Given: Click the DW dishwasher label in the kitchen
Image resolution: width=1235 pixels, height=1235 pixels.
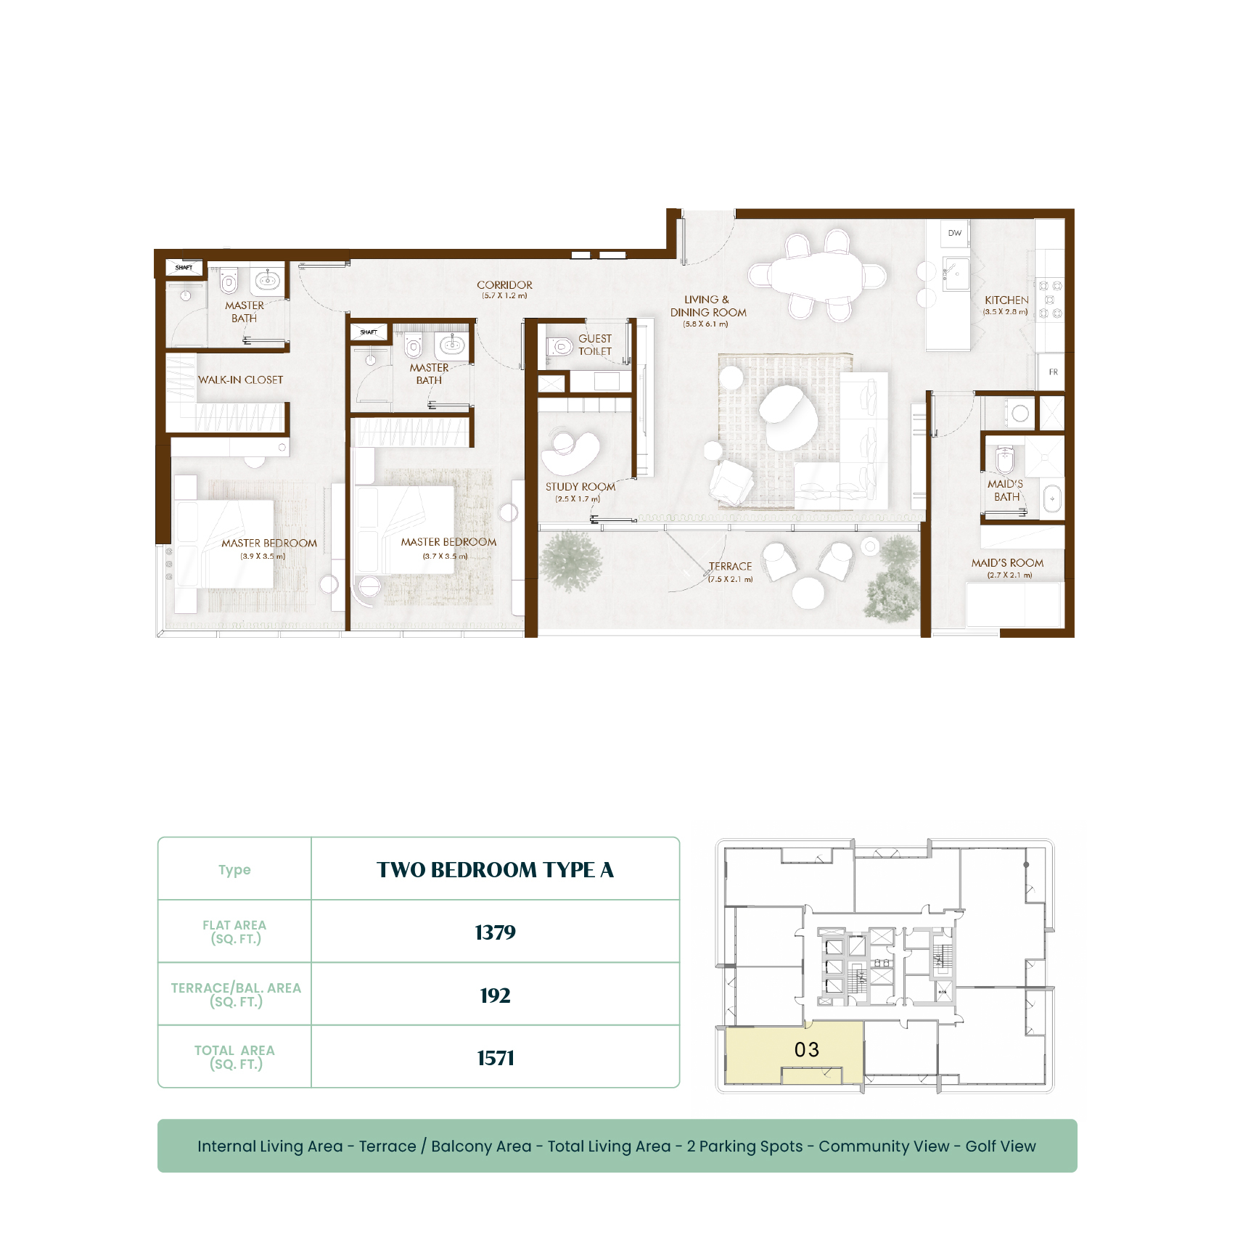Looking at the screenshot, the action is pyautogui.click(x=954, y=233).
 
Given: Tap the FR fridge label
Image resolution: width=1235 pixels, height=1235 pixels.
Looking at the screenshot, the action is pyautogui.click(x=1053, y=372).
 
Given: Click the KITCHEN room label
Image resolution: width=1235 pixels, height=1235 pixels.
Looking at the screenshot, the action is pyautogui.click(x=1006, y=300).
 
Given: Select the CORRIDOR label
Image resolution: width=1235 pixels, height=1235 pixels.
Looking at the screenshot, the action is pyautogui.click(x=504, y=285).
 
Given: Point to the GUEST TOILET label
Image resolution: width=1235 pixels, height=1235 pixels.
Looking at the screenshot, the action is pyautogui.click(x=595, y=345).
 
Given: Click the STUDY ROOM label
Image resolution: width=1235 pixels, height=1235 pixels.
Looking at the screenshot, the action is pyautogui.click(x=580, y=487).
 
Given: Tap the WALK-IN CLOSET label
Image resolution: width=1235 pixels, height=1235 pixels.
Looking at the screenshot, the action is pyautogui.click(x=241, y=379).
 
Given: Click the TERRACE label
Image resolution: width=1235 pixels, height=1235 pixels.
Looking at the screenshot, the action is pyautogui.click(x=731, y=566).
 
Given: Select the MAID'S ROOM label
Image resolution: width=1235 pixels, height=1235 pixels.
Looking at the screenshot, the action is pyautogui.click(x=1008, y=562).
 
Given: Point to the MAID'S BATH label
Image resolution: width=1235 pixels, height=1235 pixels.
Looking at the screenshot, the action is pyautogui.click(x=1006, y=491).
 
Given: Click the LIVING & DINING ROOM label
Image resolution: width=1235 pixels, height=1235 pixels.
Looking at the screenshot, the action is pyautogui.click(x=708, y=306).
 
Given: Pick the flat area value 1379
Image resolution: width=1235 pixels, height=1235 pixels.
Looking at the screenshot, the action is pyautogui.click(x=496, y=932).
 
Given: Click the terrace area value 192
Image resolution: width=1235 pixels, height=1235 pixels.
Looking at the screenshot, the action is pyautogui.click(x=496, y=996).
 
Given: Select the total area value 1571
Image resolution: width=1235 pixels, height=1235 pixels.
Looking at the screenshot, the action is pyautogui.click(x=496, y=1058).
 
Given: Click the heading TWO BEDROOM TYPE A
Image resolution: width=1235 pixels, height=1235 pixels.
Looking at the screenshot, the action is pyautogui.click(x=496, y=870).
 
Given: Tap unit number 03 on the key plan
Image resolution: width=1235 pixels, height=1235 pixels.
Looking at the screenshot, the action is pyautogui.click(x=807, y=1050).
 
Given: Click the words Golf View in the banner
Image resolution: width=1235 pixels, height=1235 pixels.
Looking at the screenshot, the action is pyautogui.click(x=1001, y=1146).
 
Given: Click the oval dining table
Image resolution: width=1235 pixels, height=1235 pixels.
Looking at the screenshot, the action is pyautogui.click(x=817, y=274).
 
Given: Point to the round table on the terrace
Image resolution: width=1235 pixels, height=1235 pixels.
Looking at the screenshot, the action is pyautogui.click(x=808, y=592).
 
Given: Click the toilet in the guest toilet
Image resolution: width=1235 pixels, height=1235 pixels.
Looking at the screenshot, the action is pyautogui.click(x=559, y=347).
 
